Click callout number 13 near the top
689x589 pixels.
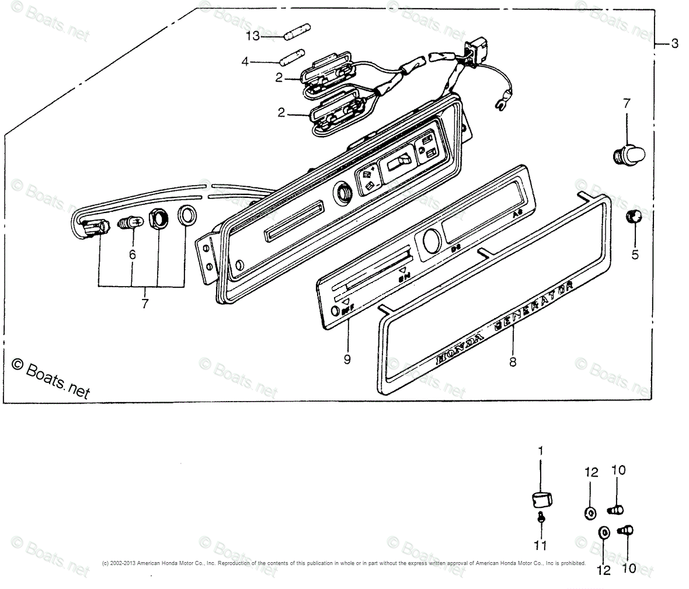[252, 36]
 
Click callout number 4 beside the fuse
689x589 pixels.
[245, 61]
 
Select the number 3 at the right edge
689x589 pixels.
[674, 44]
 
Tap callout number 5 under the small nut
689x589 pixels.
[635, 255]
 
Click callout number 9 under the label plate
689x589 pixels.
[347, 360]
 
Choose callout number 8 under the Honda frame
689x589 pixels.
[513, 362]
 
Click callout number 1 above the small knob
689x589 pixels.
[540, 451]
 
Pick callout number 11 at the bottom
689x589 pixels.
[541, 545]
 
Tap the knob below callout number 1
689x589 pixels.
[542, 500]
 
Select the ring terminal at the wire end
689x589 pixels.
[500, 106]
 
